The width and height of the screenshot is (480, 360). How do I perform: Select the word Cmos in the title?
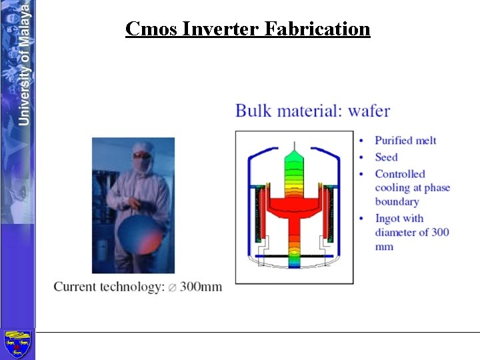151,29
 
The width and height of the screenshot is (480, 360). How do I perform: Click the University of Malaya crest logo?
17,344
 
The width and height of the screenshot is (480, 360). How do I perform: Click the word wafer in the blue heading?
369,111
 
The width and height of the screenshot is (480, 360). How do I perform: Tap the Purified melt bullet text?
405,140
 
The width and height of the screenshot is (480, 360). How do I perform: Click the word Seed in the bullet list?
386,157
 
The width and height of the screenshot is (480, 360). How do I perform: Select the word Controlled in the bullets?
399,174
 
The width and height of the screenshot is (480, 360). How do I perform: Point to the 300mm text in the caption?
201,287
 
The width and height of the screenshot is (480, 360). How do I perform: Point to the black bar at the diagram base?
293,256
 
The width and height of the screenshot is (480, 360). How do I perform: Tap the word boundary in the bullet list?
397,202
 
